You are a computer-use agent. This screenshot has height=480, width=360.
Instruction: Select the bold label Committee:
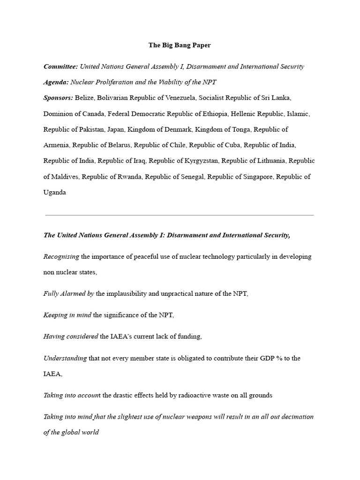(60, 67)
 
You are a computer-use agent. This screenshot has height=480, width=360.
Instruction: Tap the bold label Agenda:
(56, 82)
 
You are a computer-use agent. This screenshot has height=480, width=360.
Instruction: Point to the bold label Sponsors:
(58, 97)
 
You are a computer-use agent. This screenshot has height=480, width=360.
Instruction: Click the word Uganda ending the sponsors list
(55, 192)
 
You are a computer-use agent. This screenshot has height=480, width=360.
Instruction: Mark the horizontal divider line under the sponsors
(180, 215)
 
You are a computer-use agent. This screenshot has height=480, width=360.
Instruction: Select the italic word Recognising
(61, 256)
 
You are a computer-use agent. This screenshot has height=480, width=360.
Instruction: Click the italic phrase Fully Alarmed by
(68, 293)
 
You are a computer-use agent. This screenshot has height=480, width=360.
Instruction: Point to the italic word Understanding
(65, 358)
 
